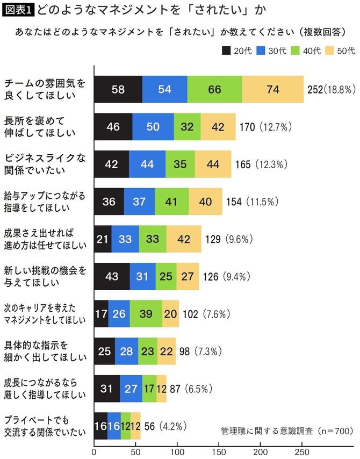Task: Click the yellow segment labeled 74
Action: click(273, 89)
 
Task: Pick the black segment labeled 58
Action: click(118, 89)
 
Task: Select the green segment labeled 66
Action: click(214, 89)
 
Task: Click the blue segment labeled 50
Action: click(153, 126)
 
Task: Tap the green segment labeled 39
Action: click(146, 313)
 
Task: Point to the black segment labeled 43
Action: click(112, 276)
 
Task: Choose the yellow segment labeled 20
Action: click(170, 313)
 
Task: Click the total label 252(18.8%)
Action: click(330, 89)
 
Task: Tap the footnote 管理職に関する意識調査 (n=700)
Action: click(286, 431)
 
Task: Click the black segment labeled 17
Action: click(101, 313)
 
